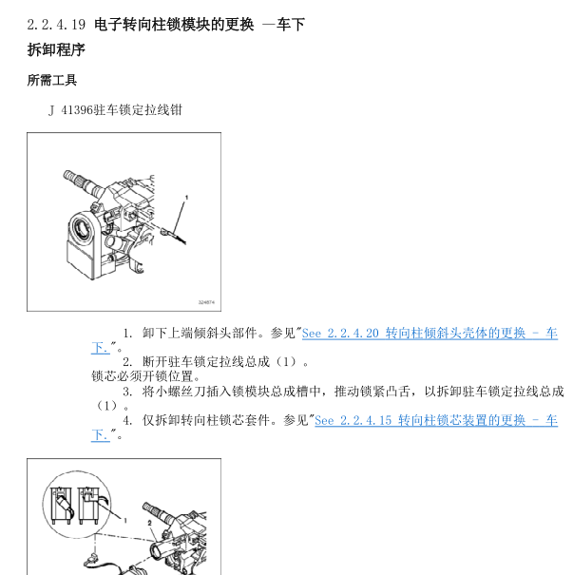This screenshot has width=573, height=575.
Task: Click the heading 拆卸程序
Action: [56, 49]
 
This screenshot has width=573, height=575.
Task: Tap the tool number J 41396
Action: [71, 110]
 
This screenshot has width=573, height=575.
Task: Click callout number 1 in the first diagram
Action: [187, 197]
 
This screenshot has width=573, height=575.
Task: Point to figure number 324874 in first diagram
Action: [206, 301]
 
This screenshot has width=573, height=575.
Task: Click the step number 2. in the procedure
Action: [128, 362]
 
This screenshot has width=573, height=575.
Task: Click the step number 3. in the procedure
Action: [128, 391]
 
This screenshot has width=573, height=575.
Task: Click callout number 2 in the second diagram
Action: [150, 522]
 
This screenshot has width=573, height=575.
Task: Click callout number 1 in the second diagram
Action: [124, 519]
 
